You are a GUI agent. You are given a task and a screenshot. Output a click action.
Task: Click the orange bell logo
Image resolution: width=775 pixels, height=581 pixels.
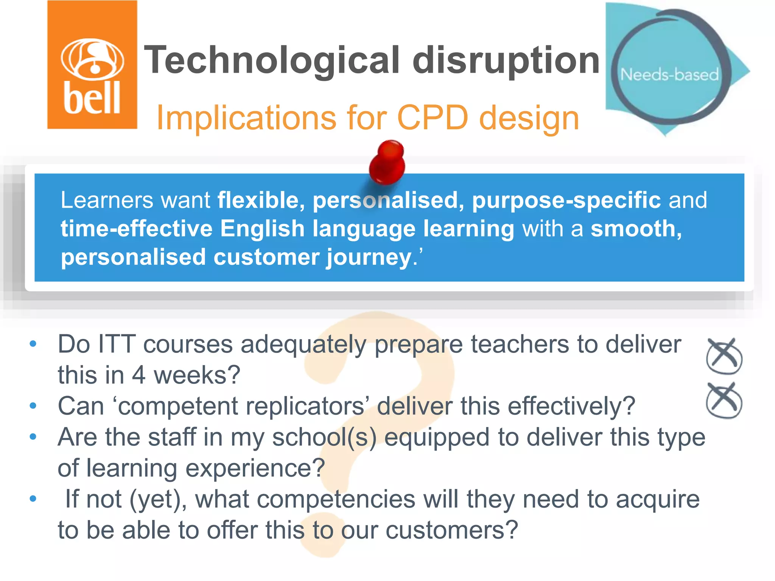click(92, 65)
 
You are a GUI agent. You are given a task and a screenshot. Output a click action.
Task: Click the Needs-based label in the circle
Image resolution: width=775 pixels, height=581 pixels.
click(669, 75)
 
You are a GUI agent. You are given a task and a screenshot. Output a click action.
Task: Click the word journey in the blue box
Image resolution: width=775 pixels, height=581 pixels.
click(369, 257)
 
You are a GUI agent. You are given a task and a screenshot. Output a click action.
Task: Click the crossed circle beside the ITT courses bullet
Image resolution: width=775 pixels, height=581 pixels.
click(724, 356)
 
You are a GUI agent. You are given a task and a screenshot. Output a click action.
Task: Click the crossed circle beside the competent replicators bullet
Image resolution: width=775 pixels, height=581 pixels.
click(724, 401)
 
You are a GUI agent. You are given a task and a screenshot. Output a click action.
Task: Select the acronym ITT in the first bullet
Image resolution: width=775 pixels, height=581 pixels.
click(116, 344)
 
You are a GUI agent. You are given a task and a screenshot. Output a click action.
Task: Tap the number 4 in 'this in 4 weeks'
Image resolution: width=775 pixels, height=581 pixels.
click(139, 375)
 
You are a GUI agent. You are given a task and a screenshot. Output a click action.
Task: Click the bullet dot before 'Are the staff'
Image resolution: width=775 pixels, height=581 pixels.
click(33, 437)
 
